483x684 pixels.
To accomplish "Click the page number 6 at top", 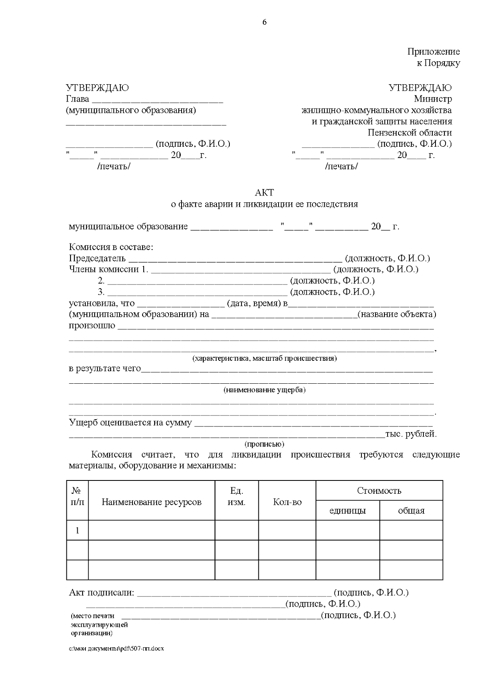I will tap(264, 23).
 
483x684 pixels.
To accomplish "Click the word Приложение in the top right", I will tap(433, 52).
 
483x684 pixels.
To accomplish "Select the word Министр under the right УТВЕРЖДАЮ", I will tap(433, 99).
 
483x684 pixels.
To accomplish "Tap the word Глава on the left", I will tap(77, 99).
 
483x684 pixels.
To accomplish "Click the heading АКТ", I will tap(264, 193).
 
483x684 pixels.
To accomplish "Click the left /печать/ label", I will tap(114, 166).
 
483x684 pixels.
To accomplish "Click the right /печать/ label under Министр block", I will tap(341, 166).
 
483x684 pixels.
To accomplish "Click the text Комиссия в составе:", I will tap(111, 247).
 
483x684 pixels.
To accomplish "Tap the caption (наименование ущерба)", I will tap(264, 390).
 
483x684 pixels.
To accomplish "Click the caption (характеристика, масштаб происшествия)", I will tap(264, 358).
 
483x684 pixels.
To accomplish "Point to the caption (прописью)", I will tap(264, 444).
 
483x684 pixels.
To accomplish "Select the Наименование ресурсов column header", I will tap(151, 502).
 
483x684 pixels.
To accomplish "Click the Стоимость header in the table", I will tap(379, 491).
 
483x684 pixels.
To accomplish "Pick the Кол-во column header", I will tap(287, 502).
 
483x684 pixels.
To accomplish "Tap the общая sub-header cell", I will tap(411, 511).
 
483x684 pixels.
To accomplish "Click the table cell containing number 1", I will tap(77, 530).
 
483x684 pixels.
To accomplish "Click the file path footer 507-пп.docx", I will tap(117, 649).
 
